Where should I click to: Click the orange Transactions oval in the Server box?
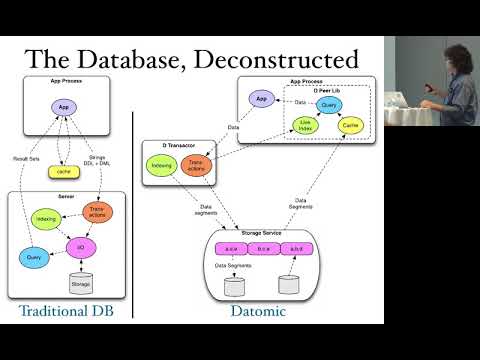pos(100,212)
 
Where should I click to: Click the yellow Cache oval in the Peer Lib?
pos(350,125)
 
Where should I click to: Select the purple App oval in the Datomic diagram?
pos(261,99)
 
